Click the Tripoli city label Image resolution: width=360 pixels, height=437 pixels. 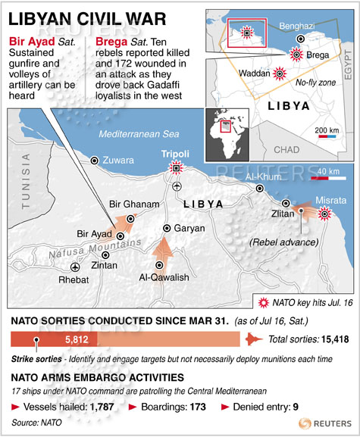pyautogui.click(x=176, y=154)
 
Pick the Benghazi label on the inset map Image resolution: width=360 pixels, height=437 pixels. pyautogui.click(x=296, y=24)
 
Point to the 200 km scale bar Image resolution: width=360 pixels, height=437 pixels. pyautogui.click(x=327, y=139)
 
